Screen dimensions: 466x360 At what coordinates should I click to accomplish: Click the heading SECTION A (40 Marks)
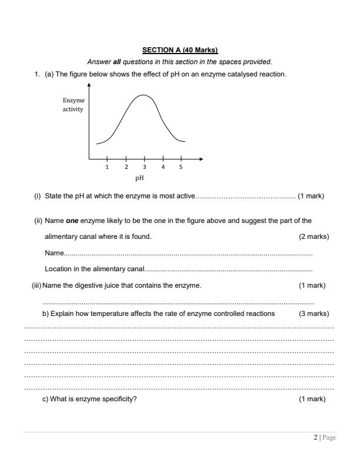tap(179, 49)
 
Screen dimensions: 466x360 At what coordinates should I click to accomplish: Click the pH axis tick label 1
tap(107, 167)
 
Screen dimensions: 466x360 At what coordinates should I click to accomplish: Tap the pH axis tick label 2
tap(126, 167)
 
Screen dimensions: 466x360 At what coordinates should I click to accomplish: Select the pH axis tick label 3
tap(145, 167)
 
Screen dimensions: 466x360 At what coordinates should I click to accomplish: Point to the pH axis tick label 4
tap(163, 167)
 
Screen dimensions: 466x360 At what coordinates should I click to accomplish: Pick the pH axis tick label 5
tap(181, 167)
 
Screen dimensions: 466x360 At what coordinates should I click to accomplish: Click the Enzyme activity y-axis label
tap(74, 105)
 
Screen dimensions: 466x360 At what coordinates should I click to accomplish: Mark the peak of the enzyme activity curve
tap(144, 95)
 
